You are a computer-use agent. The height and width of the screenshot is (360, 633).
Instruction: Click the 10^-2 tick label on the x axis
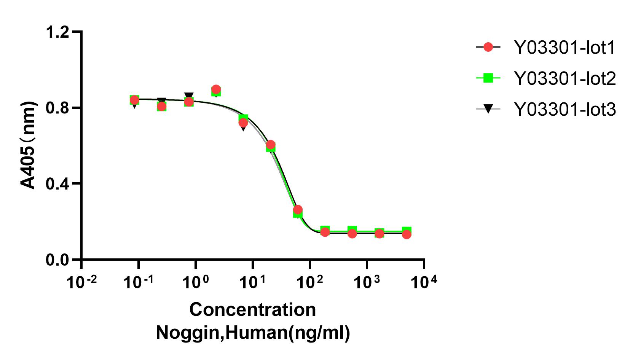pos(81,282)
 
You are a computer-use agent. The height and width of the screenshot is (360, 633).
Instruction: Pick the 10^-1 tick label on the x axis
pos(139,282)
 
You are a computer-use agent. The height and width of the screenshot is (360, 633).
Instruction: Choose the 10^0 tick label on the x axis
pos(196,282)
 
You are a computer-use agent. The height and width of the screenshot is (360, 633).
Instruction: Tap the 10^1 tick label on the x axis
pos(252,282)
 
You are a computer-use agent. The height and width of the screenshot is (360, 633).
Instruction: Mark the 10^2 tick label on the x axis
pos(309,282)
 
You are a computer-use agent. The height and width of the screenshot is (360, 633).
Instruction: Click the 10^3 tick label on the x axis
pos(367,282)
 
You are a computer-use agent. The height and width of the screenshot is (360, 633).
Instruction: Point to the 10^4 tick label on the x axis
pos(424,282)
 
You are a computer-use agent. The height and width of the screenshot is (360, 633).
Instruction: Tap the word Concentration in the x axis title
pos(252,310)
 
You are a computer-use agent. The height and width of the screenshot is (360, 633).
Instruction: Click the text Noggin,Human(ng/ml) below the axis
pos(253,333)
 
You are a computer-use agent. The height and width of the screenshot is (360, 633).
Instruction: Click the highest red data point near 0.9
pos(216,90)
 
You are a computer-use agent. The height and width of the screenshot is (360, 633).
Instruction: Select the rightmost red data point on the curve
pos(407,234)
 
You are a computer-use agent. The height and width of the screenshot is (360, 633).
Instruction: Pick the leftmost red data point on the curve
pos(134,100)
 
